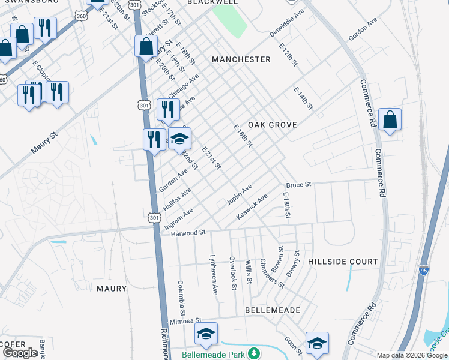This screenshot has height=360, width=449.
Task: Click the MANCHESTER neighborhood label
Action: (x=241, y=59)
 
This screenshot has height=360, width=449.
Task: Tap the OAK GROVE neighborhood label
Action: (x=272, y=124)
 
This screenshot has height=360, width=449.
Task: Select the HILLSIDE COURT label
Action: (x=343, y=262)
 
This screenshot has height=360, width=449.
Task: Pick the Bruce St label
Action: (x=298, y=185)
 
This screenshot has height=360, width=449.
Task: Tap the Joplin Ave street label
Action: (x=239, y=194)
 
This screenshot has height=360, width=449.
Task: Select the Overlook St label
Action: (x=232, y=273)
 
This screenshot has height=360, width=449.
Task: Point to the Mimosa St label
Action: (x=184, y=322)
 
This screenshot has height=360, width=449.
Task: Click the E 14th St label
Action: (x=303, y=98)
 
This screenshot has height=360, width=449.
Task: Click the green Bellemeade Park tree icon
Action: (x=255, y=352)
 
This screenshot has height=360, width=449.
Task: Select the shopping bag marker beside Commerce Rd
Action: (x=390, y=120)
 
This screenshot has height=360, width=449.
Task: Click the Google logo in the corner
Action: (x=20, y=353)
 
